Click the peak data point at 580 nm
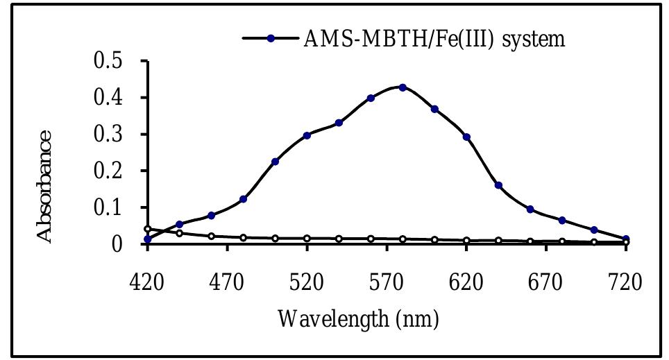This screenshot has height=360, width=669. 403,88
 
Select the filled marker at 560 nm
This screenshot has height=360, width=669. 371,98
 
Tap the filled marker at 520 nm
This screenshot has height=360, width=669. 307,135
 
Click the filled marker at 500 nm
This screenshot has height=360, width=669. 275,162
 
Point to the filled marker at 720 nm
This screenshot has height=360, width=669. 626,239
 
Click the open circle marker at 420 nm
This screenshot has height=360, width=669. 147,229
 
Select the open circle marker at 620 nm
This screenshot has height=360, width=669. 466,241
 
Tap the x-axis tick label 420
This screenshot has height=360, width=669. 147,283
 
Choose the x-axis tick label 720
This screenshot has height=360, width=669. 626,283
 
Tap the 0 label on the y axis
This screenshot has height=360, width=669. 118,244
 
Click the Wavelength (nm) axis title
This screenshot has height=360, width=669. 358,320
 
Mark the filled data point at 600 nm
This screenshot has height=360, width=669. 434,110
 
